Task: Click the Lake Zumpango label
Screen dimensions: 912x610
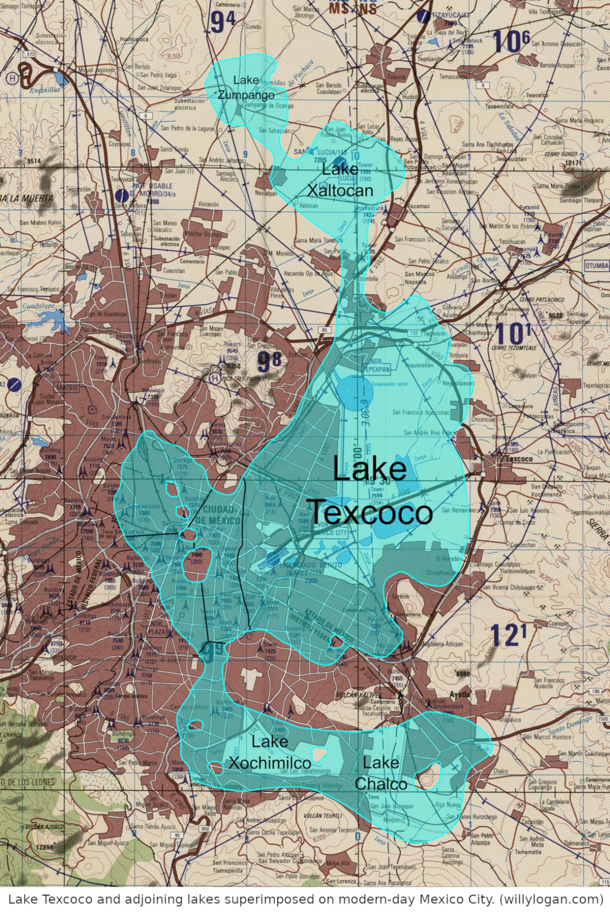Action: [x=246, y=87]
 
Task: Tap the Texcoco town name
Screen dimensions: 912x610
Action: [x=519, y=459]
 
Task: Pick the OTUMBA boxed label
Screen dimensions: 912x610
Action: [x=597, y=265]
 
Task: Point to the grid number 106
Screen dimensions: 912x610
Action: [x=511, y=41]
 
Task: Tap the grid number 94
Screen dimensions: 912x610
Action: [x=223, y=22]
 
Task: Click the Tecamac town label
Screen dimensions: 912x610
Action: [x=418, y=207]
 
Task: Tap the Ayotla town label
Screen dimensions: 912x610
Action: [x=459, y=694]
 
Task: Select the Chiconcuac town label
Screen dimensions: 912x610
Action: [x=483, y=419]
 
